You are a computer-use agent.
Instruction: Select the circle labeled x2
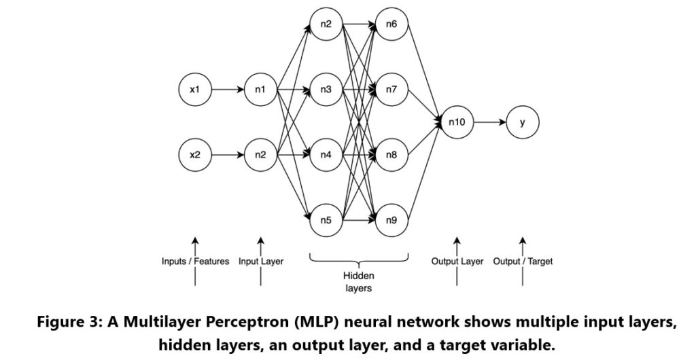[x=195, y=155]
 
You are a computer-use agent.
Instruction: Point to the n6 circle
[x=391, y=25]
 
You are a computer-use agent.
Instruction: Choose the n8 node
[x=391, y=155]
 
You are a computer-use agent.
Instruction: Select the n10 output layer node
[x=456, y=123]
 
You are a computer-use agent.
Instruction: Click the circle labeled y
[x=522, y=123]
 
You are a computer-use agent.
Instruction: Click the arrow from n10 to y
[x=489, y=123]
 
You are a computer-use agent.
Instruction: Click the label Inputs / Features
[x=195, y=262]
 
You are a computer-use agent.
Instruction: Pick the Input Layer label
[x=261, y=262]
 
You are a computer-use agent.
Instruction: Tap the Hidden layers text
[x=359, y=282]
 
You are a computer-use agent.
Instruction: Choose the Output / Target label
[x=522, y=262]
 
